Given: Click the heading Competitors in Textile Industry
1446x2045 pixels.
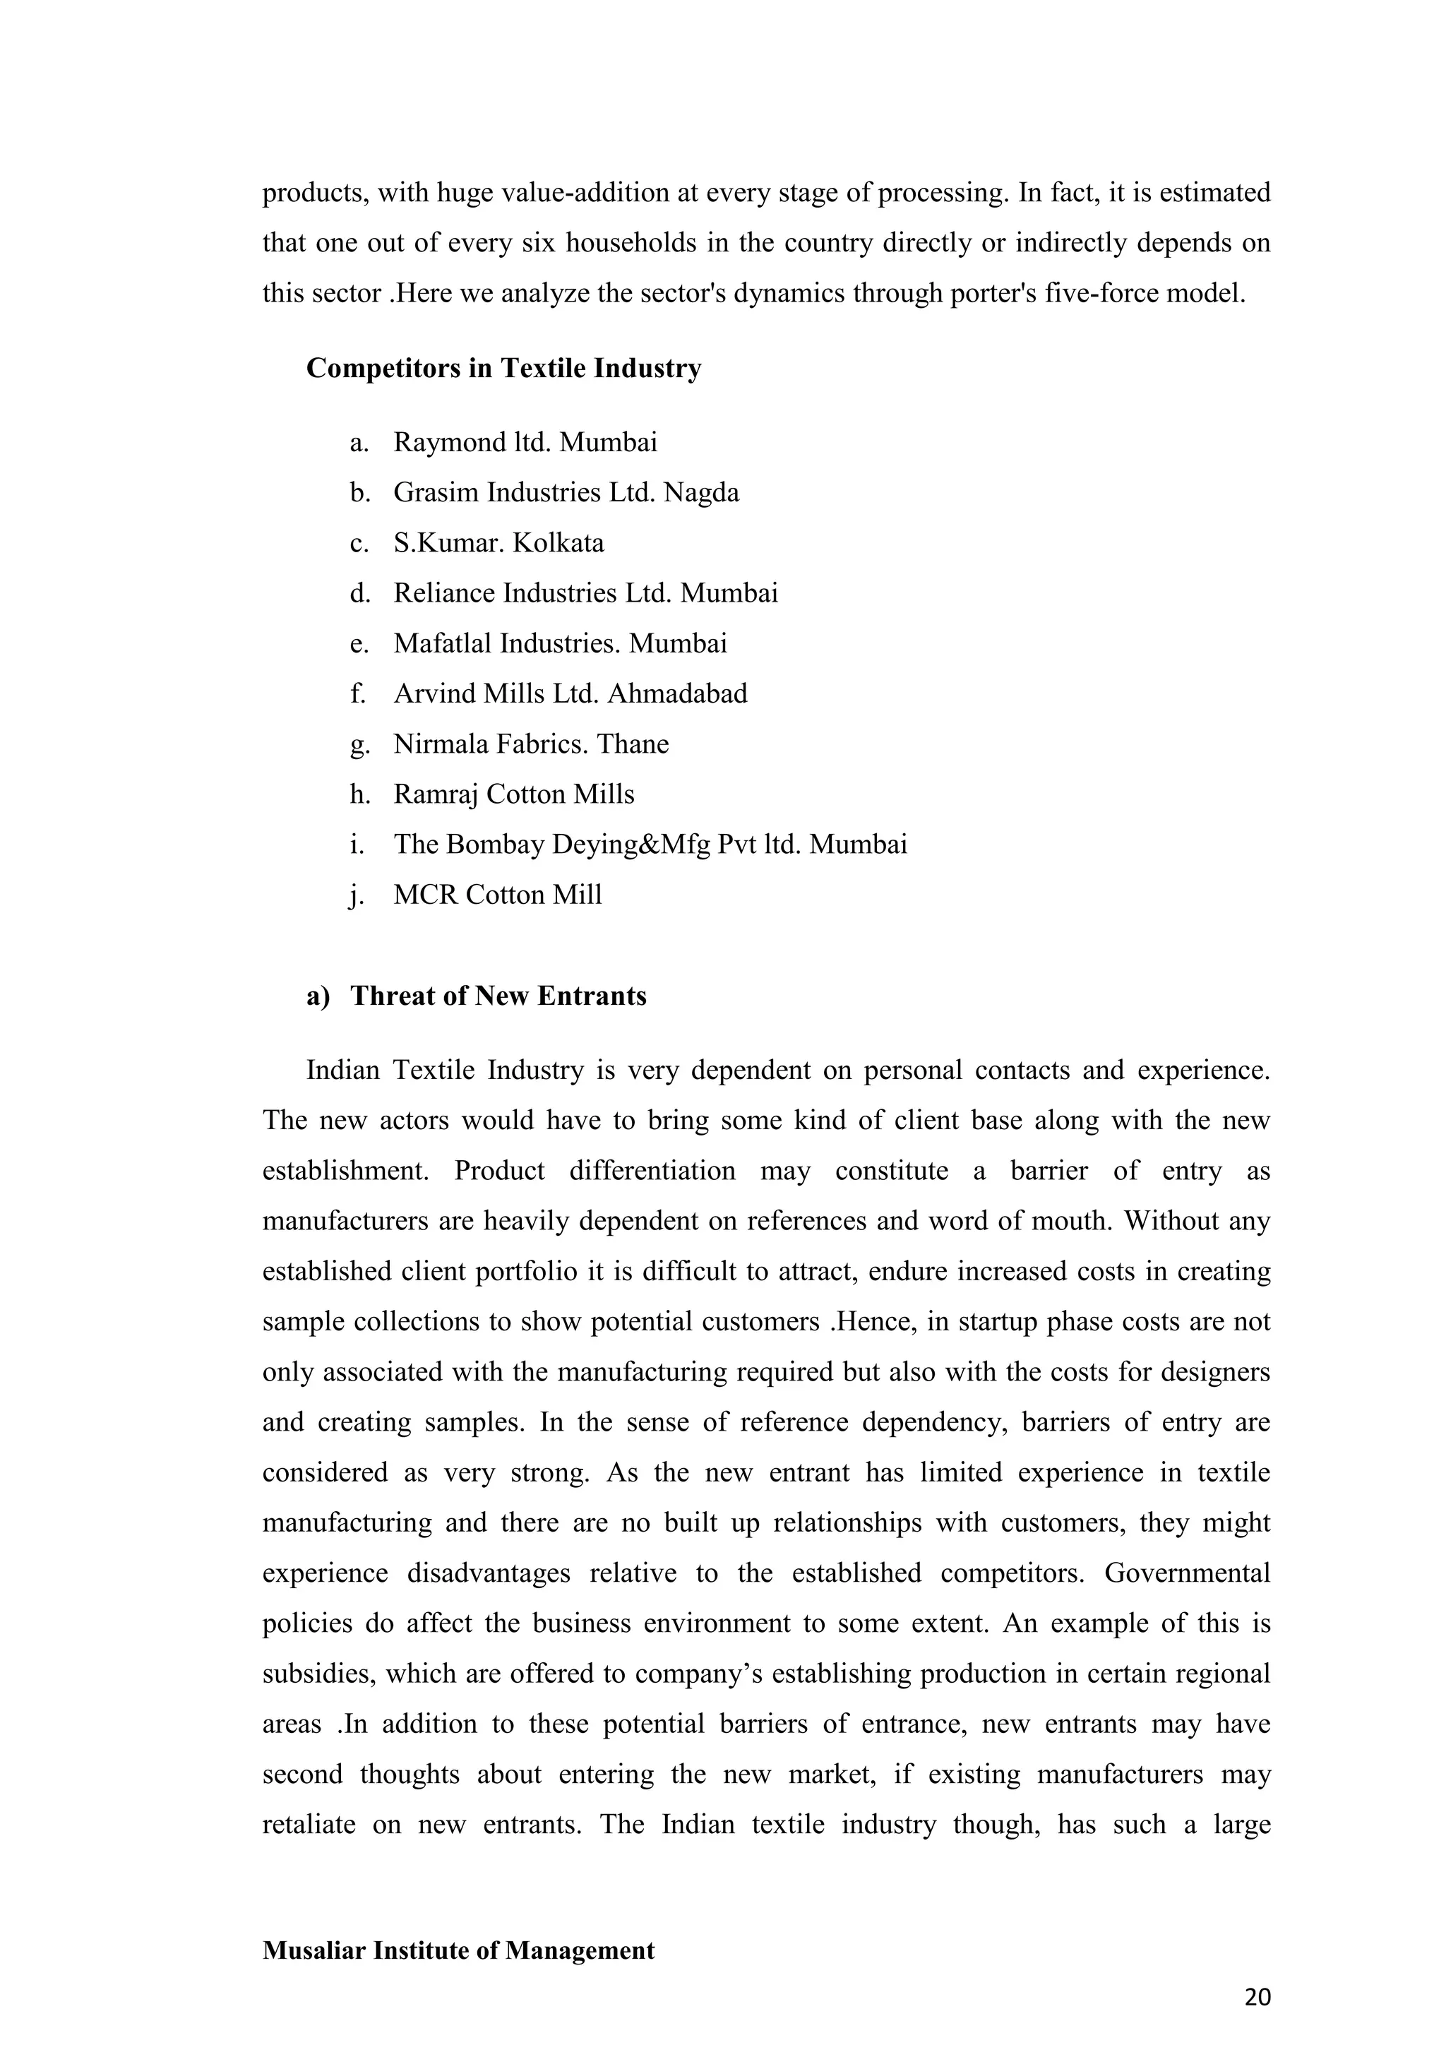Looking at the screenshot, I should click(503, 368).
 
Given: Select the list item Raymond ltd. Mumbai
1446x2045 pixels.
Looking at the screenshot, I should click(525, 442).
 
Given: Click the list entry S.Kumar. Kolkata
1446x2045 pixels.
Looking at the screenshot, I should click(498, 542).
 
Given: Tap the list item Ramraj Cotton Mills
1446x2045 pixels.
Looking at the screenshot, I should click(514, 794).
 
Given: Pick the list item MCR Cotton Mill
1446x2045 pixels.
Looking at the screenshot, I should click(498, 894).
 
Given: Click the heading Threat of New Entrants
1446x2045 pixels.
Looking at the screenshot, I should click(498, 995).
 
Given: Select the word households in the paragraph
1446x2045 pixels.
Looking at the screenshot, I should click(631, 243).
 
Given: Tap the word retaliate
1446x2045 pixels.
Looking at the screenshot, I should click(307, 1825).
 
